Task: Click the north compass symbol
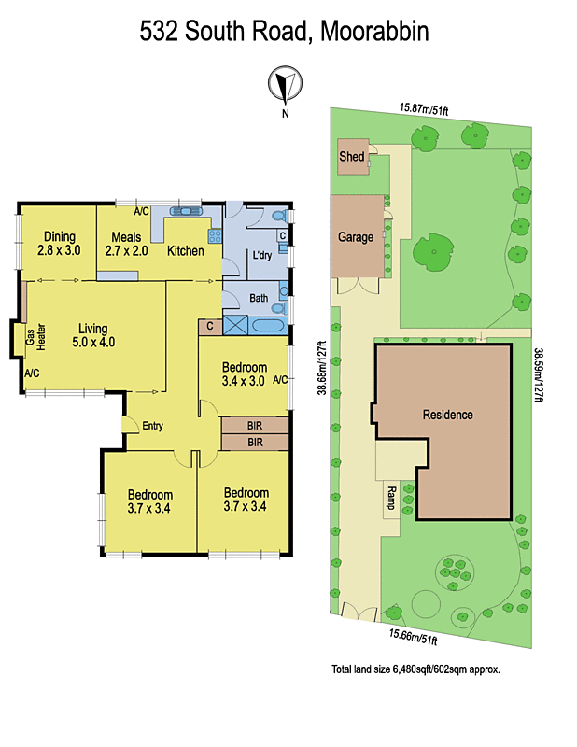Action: click(285, 86)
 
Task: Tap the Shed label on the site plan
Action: click(351, 157)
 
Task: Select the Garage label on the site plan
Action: click(356, 237)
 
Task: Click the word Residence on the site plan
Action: click(447, 415)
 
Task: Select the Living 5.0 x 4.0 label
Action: click(92, 335)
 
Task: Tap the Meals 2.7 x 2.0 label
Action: click(126, 244)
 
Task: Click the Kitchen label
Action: click(186, 250)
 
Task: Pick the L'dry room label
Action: click(260, 256)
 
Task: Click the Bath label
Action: click(259, 299)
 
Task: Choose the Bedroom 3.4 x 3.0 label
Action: click(243, 374)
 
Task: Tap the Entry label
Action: click(152, 426)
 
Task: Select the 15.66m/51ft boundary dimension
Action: click(413, 639)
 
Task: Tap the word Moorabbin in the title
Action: click(374, 33)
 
